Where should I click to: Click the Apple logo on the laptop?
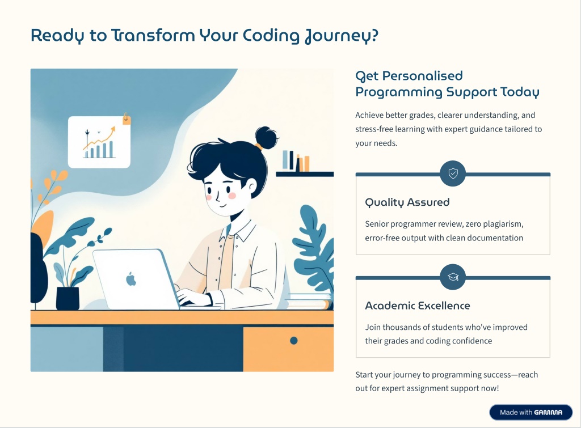coord(131,279)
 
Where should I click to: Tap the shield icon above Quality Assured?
coord(453,173)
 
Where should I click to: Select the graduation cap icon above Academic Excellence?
coord(453,277)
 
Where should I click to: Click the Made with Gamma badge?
coord(531,412)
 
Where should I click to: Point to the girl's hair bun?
coord(266,138)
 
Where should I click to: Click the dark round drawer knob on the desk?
coord(294,341)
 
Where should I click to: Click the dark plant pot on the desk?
coord(68,298)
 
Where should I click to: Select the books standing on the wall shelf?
coord(296,161)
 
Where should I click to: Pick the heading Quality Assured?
coord(407,202)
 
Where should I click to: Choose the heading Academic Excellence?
coord(418,306)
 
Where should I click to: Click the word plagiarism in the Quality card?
coord(503,224)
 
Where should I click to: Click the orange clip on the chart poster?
coord(127,118)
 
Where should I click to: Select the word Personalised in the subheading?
coord(422,76)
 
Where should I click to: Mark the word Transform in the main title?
coord(153,36)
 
